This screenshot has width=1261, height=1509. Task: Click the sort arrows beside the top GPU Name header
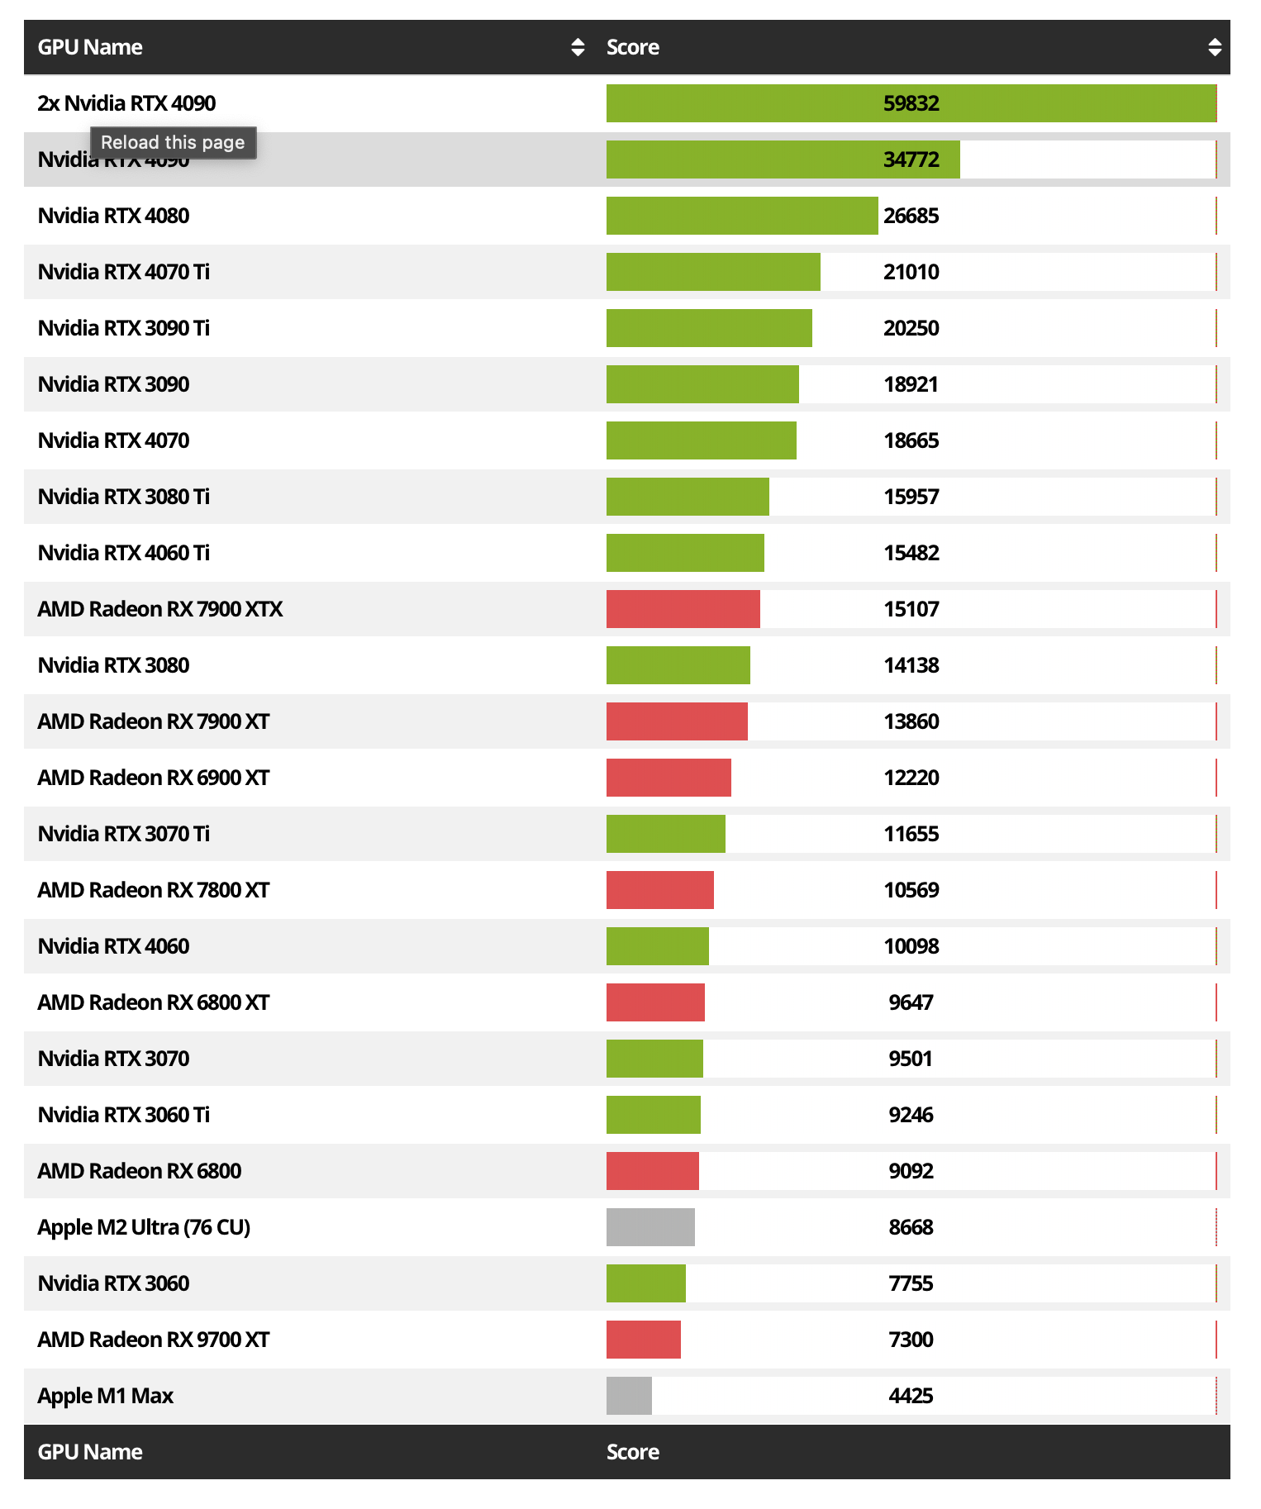click(578, 47)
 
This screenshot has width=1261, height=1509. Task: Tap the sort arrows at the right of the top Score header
click(1214, 47)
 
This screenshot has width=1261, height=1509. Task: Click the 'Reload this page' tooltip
click(173, 142)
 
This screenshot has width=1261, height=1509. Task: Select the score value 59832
click(911, 103)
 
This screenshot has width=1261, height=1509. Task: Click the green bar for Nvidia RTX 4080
click(741, 216)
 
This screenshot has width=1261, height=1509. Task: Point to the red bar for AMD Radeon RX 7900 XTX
click(683, 609)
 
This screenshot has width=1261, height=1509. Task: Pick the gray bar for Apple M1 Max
click(629, 1396)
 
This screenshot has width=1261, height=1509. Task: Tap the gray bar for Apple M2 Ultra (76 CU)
click(650, 1227)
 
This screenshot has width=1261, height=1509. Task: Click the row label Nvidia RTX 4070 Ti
click(124, 272)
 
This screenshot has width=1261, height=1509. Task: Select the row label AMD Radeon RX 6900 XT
click(154, 778)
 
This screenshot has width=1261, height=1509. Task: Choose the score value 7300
click(911, 1340)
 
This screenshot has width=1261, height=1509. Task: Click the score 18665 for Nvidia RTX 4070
click(911, 440)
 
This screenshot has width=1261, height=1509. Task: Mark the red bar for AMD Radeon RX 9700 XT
click(643, 1340)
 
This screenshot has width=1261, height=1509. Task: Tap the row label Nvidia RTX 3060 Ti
click(124, 1115)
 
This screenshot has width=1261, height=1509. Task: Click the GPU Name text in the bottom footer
click(90, 1452)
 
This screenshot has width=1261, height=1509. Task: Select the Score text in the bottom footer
click(633, 1452)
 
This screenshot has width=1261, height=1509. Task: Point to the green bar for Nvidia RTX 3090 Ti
click(709, 328)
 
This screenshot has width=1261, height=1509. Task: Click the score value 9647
click(911, 1002)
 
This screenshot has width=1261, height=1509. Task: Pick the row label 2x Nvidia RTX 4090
click(126, 103)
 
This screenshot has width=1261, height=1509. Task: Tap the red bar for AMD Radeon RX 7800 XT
click(659, 890)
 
